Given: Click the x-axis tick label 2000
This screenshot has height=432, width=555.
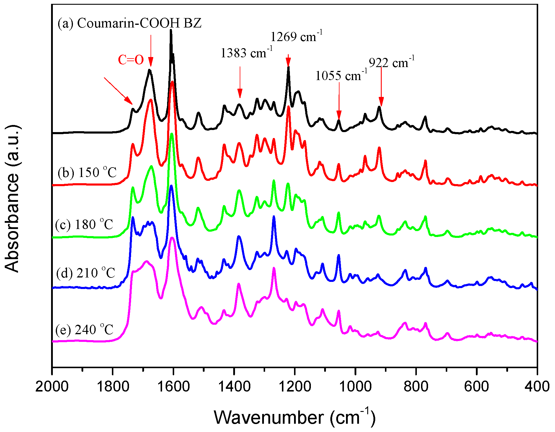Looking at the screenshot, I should coord(52,387).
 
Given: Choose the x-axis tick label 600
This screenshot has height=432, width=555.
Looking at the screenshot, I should coord(477,387).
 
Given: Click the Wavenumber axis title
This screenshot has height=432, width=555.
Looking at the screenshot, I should coord(294,417).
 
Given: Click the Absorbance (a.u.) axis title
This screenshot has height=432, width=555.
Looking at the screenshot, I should coord(12,199).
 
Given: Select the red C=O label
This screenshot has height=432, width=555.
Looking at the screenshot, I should coord(131,60).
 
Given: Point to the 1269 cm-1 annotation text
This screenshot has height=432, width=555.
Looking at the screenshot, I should coord(296,36).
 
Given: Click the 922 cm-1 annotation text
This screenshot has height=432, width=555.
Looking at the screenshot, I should coord(391,62).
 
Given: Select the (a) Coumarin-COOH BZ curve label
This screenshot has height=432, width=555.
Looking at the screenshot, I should coord(130,23).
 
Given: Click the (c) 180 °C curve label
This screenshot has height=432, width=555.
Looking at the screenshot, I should coord(84,225).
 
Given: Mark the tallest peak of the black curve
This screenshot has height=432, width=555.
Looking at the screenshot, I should coord(171,30).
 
